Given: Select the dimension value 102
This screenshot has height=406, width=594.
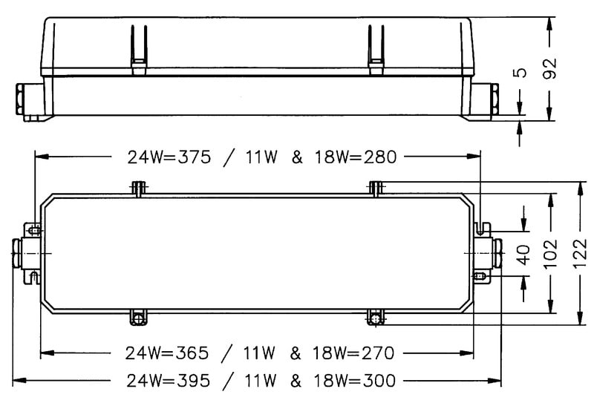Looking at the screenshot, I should [x=551, y=252].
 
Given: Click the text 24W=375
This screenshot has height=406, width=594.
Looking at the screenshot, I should [x=170, y=157].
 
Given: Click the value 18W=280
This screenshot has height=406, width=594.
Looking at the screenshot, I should [x=357, y=157].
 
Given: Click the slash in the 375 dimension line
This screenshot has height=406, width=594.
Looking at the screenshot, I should [x=231, y=157].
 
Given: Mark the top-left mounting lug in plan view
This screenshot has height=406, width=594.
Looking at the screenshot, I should [x=137, y=189].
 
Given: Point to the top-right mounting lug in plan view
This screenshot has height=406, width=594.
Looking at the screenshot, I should [x=376, y=189].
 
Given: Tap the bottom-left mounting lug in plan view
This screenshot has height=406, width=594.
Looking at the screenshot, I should [x=137, y=317].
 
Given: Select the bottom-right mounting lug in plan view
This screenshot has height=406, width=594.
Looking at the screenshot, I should [x=376, y=318].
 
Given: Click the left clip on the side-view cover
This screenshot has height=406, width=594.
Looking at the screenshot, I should [x=139, y=49].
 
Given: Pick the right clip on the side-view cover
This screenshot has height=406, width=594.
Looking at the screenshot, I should [x=373, y=49].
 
